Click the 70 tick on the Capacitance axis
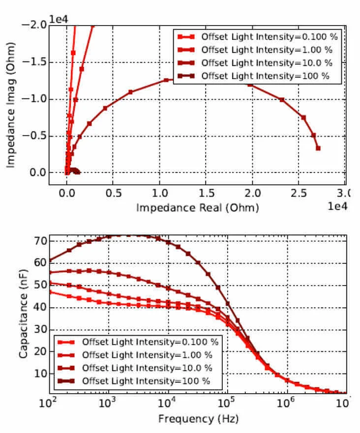click(39, 241)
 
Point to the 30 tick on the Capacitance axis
click(39, 329)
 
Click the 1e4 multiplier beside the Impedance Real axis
click(337, 206)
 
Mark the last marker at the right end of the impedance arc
click(318, 148)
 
